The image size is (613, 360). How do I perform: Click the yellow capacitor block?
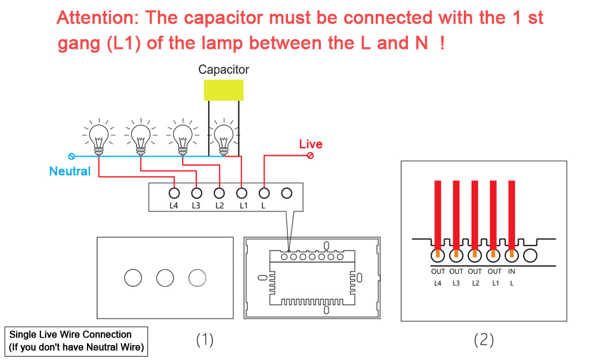click(x=224, y=90)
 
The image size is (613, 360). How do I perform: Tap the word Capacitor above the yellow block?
click(x=224, y=70)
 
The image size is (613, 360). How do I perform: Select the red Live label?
click(x=311, y=144)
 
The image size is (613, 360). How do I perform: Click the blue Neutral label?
click(x=70, y=171)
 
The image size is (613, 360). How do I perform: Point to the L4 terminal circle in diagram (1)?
click(x=174, y=193)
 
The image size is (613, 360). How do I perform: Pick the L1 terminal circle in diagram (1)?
click(x=242, y=193)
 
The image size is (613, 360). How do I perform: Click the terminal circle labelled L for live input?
click(x=264, y=193)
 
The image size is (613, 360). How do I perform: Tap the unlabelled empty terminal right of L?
click(x=286, y=193)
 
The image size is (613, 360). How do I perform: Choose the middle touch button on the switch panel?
click(x=165, y=278)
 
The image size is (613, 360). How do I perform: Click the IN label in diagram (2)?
click(x=512, y=271)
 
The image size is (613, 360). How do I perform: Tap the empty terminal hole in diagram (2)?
click(x=530, y=256)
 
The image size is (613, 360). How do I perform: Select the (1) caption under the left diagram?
click(x=205, y=340)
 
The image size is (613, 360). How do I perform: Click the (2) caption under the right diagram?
click(x=483, y=340)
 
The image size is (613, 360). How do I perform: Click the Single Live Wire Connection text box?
click(x=77, y=341)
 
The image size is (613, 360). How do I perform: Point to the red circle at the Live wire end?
click(x=311, y=156)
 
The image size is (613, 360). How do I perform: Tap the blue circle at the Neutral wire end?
click(x=72, y=156)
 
